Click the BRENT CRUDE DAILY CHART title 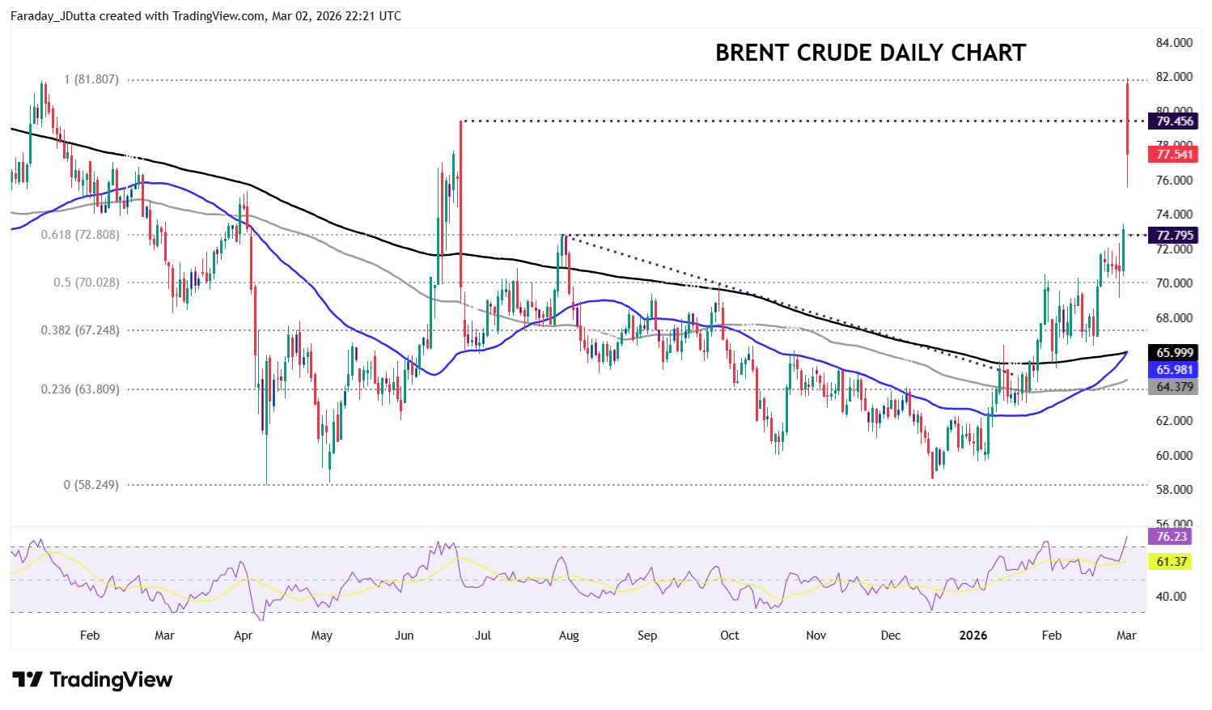pyautogui.click(x=870, y=53)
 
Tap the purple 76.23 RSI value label pyautogui.click(x=1171, y=536)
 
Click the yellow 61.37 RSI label pyautogui.click(x=1171, y=562)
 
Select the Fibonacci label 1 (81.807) pyautogui.click(x=91, y=79)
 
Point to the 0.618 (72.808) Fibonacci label pyautogui.click(x=80, y=235)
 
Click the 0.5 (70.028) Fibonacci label pyautogui.click(x=87, y=283)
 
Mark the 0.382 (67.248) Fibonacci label pyautogui.click(x=80, y=330)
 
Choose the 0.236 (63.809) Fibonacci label pyautogui.click(x=80, y=389)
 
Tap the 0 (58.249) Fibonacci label pyautogui.click(x=91, y=485)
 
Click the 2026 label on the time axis pyautogui.click(x=973, y=636)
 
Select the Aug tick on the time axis pyautogui.click(x=569, y=636)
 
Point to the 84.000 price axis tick pyautogui.click(x=1174, y=42)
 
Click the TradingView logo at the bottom pyautogui.click(x=92, y=679)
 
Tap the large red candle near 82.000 pyautogui.click(x=1127, y=117)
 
